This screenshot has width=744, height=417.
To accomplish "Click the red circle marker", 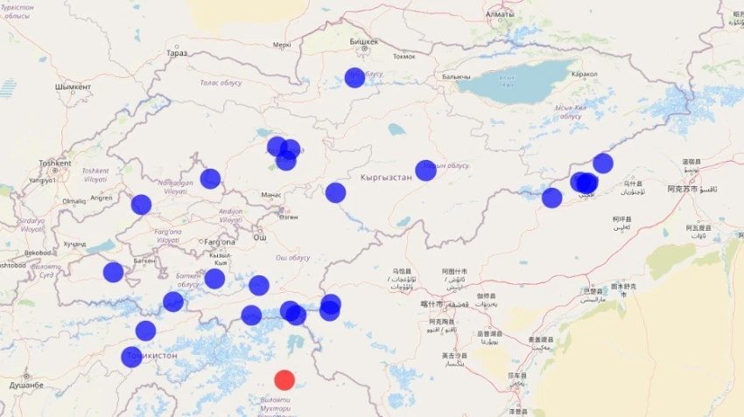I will point(284,379).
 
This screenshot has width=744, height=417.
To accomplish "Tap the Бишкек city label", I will point(364,41).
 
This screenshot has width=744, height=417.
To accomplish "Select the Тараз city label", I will point(177,52).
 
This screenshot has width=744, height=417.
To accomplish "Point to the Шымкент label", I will point(73,87).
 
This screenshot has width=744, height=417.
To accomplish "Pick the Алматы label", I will point(500,15).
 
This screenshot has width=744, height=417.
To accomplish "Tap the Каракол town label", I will point(584,74).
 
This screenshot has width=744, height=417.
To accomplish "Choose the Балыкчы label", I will point(456,77).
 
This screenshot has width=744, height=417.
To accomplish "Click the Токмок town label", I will point(404,57).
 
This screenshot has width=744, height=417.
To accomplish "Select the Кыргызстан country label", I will point(386,177).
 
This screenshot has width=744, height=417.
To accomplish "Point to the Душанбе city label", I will point(26,385).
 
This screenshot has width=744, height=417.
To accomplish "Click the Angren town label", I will point(102,198).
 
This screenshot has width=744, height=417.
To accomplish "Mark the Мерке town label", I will point(282,45).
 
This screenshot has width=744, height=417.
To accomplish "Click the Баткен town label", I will point(145,261).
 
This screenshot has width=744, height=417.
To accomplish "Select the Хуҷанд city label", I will point(75,243).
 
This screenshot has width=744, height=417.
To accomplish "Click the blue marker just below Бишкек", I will point(354,77).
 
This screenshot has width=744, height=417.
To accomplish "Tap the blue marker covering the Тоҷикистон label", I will point(131,357).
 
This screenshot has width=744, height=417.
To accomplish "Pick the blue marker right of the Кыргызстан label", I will point(425,170).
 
